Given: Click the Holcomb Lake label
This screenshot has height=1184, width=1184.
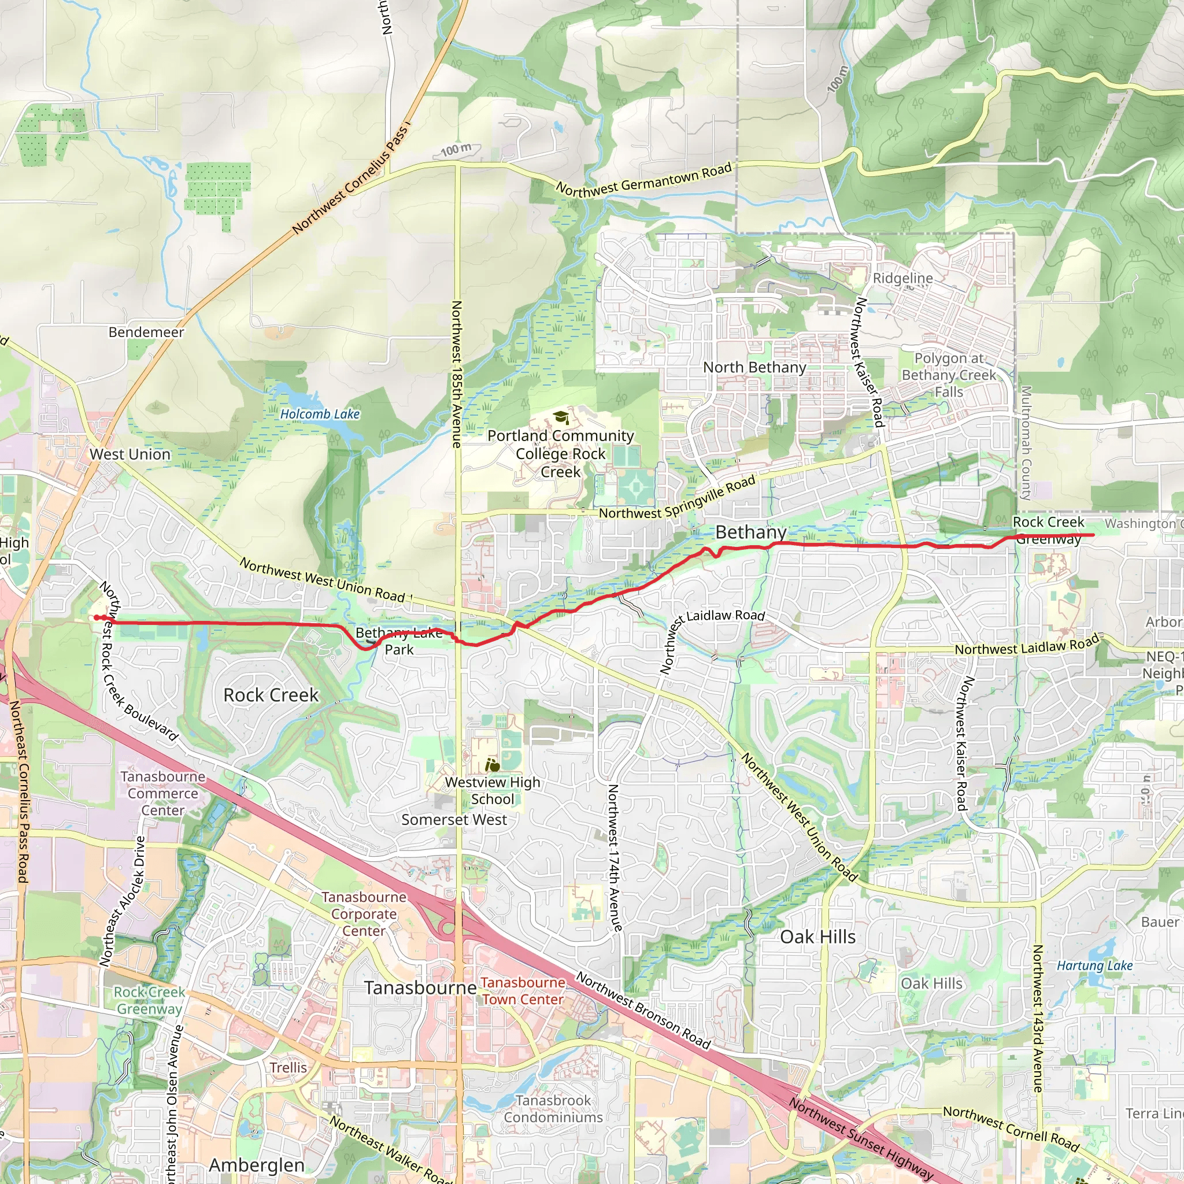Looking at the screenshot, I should (x=320, y=415).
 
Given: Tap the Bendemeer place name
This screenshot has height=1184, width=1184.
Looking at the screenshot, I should (x=146, y=332).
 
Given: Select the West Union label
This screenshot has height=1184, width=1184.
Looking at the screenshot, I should (x=130, y=454).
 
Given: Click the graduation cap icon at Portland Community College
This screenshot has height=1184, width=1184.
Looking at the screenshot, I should (x=561, y=418).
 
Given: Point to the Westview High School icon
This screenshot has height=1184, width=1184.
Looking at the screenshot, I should (x=492, y=765).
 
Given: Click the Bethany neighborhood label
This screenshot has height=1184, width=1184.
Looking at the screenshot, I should (x=751, y=532).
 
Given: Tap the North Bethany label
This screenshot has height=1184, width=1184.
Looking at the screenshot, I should (x=754, y=367).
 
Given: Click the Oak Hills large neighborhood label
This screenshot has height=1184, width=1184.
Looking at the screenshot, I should (x=817, y=937).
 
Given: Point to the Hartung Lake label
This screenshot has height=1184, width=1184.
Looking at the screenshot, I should (x=1094, y=966).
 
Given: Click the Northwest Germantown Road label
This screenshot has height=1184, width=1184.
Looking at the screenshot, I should (x=643, y=180).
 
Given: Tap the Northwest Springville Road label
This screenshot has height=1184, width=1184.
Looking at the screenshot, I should (x=676, y=498).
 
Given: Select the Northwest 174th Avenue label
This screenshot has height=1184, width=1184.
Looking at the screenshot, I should (x=614, y=858).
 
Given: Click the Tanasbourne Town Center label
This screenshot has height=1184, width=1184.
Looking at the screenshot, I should (x=523, y=991).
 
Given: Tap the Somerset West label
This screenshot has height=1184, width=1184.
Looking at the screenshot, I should (x=454, y=820).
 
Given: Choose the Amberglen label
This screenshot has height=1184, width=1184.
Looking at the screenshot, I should (x=257, y=1165).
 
